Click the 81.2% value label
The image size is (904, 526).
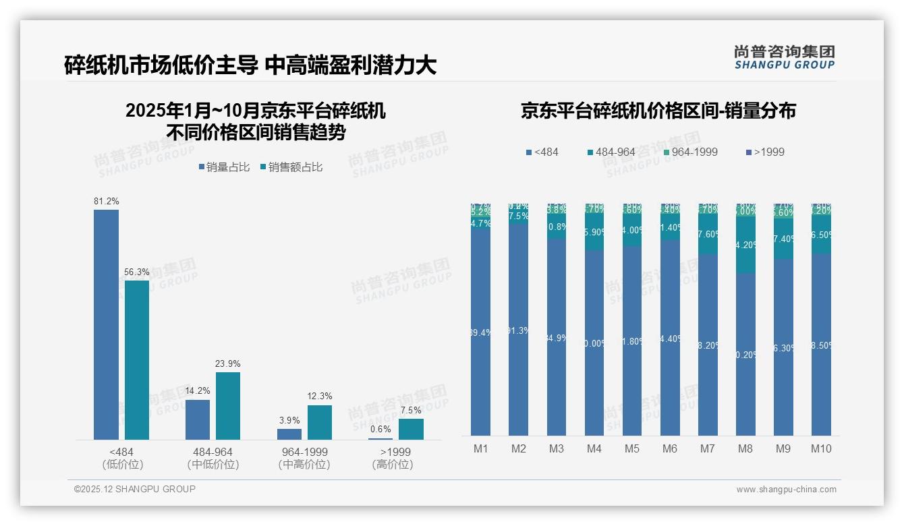(x=106, y=201)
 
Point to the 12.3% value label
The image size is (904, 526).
(x=320, y=396)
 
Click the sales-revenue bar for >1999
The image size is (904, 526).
(x=411, y=429)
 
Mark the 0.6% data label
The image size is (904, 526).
(x=380, y=430)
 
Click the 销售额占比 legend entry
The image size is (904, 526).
(x=291, y=167)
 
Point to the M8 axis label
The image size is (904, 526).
(x=745, y=448)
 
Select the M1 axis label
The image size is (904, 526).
(x=481, y=448)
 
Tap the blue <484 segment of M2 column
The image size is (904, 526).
(x=519, y=330)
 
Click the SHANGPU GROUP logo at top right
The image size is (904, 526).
(x=784, y=57)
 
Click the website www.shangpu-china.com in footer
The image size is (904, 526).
(x=786, y=490)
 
